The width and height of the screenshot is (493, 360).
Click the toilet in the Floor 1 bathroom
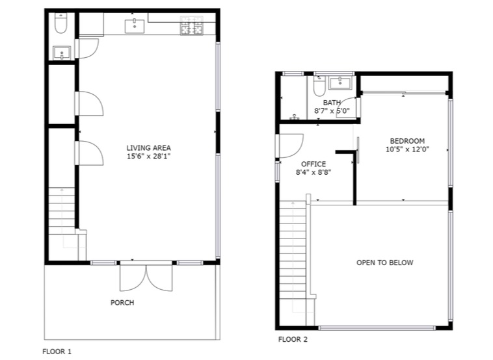pos(60,23)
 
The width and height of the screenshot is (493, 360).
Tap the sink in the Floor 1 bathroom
pos(62,53)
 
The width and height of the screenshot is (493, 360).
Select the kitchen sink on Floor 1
pos(135,26)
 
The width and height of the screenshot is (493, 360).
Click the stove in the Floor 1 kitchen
pos(191,25)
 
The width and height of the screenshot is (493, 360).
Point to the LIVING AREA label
pos(149,148)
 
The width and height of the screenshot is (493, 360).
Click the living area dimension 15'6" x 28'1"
pos(149,156)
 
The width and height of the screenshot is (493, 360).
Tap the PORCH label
pos(122,303)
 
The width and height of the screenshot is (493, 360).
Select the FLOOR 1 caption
pos(57,352)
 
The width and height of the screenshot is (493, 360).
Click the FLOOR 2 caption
pos(293,339)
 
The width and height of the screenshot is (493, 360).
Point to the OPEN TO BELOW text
pos(385,263)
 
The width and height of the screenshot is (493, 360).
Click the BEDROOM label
pos(407,141)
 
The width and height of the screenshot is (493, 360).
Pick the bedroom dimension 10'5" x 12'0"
pos(408,149)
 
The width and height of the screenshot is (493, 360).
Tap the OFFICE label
pos(313,164)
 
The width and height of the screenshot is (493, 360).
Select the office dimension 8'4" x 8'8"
pos(313,172)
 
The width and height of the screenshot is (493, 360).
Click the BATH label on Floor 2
pos(332,103)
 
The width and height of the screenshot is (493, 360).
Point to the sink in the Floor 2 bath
pos(340,83)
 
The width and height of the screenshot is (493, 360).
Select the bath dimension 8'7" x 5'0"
pos(332,110)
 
